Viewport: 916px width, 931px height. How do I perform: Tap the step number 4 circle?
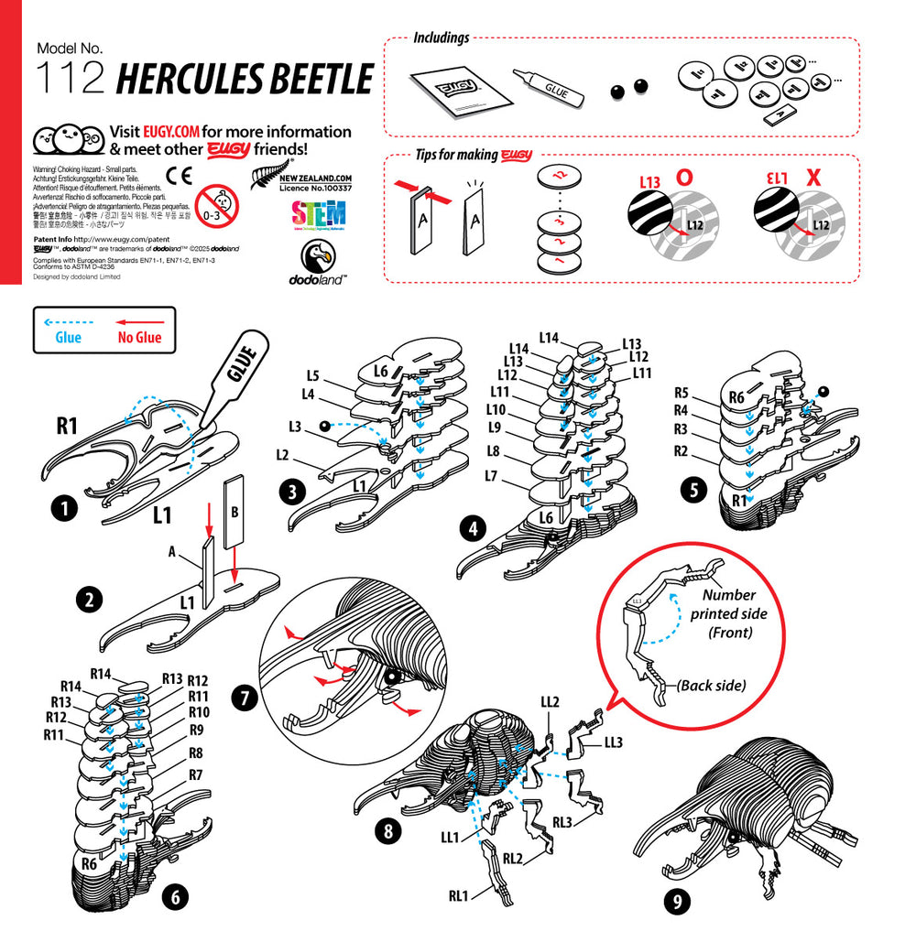(x=473, y=528)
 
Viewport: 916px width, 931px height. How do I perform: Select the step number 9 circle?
(x=675, y=901)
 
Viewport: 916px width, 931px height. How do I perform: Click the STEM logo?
(x=318, y=216)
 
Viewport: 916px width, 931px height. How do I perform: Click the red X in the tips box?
(x=812, y=178)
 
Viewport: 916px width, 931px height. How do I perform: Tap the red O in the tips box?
(x=682, y=178)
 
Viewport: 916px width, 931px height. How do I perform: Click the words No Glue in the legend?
(x=139, y=338)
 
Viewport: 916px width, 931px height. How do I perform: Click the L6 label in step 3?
(x=383, y=370)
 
